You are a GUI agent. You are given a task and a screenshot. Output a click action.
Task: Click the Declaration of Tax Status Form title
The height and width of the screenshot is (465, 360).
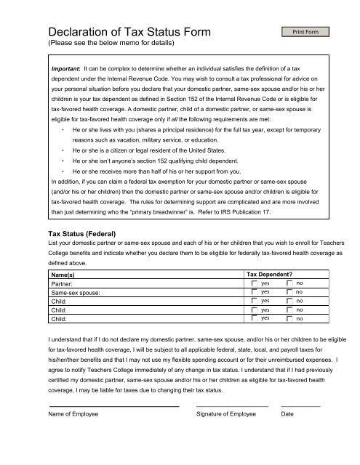click(x=129, y=32)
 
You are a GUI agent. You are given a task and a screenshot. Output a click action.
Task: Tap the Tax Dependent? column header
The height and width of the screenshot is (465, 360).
click(x=276, y=274)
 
